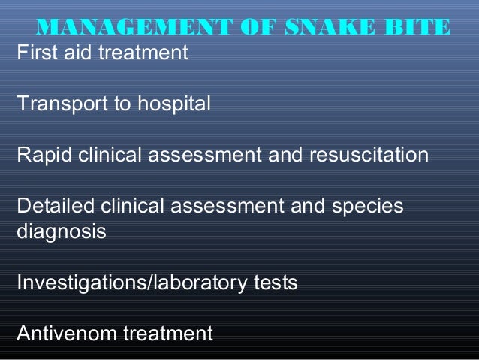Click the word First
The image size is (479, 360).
tap(34, 54)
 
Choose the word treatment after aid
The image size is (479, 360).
tap(143, 54)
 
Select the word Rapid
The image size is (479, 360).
tap(44, 156)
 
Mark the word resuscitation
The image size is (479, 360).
tap(365, 156)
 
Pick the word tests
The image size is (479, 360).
tap(275, 283)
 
